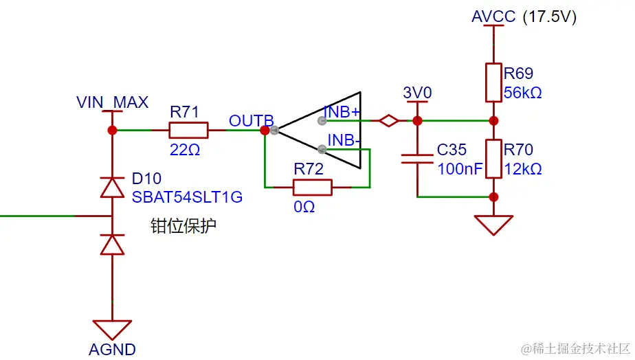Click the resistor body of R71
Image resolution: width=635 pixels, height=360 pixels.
188,130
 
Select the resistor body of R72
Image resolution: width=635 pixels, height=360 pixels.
313,187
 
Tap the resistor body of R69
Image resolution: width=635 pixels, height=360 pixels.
493,82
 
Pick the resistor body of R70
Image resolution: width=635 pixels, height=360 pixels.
493,159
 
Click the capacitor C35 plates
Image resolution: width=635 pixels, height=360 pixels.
417,159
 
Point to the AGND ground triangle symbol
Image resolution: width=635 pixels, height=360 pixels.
112,329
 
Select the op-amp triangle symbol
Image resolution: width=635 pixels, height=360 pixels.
323,130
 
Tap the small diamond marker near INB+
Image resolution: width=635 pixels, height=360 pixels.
389,121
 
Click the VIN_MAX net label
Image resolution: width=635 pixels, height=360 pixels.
112,103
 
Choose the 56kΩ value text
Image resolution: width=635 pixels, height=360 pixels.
522,93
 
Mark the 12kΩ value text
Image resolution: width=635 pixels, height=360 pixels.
522,168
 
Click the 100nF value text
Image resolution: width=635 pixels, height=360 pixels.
460,168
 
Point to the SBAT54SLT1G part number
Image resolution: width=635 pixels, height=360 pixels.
187,197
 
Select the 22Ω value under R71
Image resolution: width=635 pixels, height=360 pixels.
185,149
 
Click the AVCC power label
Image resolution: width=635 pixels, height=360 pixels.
493,16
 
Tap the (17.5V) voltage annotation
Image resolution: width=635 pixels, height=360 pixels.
550,16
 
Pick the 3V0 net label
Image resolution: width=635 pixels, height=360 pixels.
417,93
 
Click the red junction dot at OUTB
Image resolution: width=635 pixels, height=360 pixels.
265,130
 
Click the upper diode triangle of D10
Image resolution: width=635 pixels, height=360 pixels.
112,187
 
